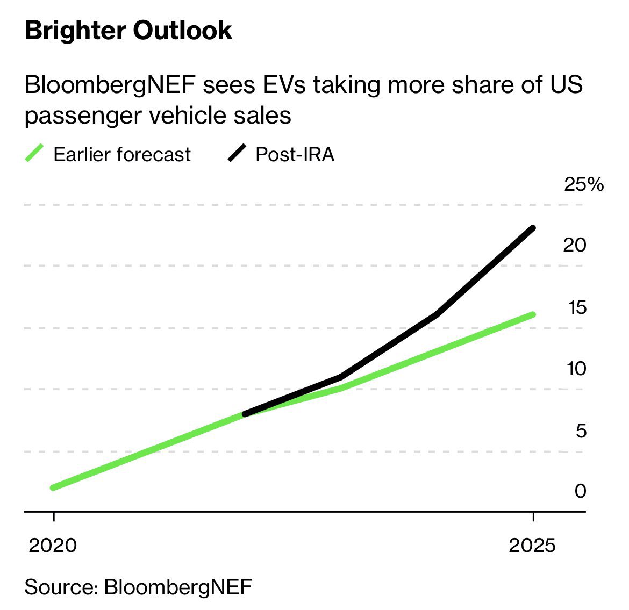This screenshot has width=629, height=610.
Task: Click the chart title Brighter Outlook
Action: click(x=128, y=31)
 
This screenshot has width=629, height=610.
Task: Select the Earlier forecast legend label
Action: click(x=122, y=154)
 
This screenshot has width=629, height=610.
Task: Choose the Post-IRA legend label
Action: click(x=295, y=154)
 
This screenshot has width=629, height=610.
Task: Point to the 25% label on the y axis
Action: click(x=583, y=185)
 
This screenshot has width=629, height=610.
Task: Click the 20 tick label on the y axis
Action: click(x=574, y=245)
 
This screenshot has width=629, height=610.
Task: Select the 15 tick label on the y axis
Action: click(x=576, y=307)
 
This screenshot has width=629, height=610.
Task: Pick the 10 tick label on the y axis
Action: click(x=575, y=369)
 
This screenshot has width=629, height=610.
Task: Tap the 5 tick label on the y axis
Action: click(x=581, y=431)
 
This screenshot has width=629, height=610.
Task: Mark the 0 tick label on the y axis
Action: click(x=580, y=491)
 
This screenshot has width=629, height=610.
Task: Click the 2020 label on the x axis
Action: click(x=53, y=546)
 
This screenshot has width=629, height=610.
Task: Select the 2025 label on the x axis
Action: click(x=532, y=546)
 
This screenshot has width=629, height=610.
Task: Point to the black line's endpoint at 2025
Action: click(x=533, y=228)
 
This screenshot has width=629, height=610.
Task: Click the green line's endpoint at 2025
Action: click(x=533, y=314)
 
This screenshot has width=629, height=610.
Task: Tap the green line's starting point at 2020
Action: click(x=53, y=487)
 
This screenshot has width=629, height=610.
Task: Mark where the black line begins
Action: click(x=245, y=414)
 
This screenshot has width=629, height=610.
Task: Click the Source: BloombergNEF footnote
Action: click(x=138, y=586)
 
